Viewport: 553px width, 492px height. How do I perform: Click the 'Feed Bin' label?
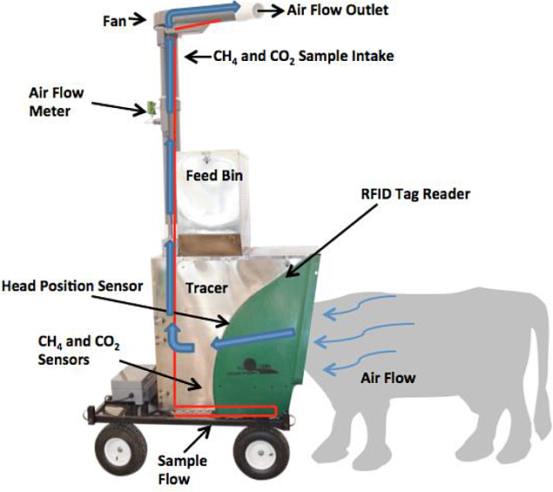coord(213,176)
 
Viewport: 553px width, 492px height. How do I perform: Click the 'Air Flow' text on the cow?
coord(388,378)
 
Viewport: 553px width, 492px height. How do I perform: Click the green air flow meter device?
coord(150,110)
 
